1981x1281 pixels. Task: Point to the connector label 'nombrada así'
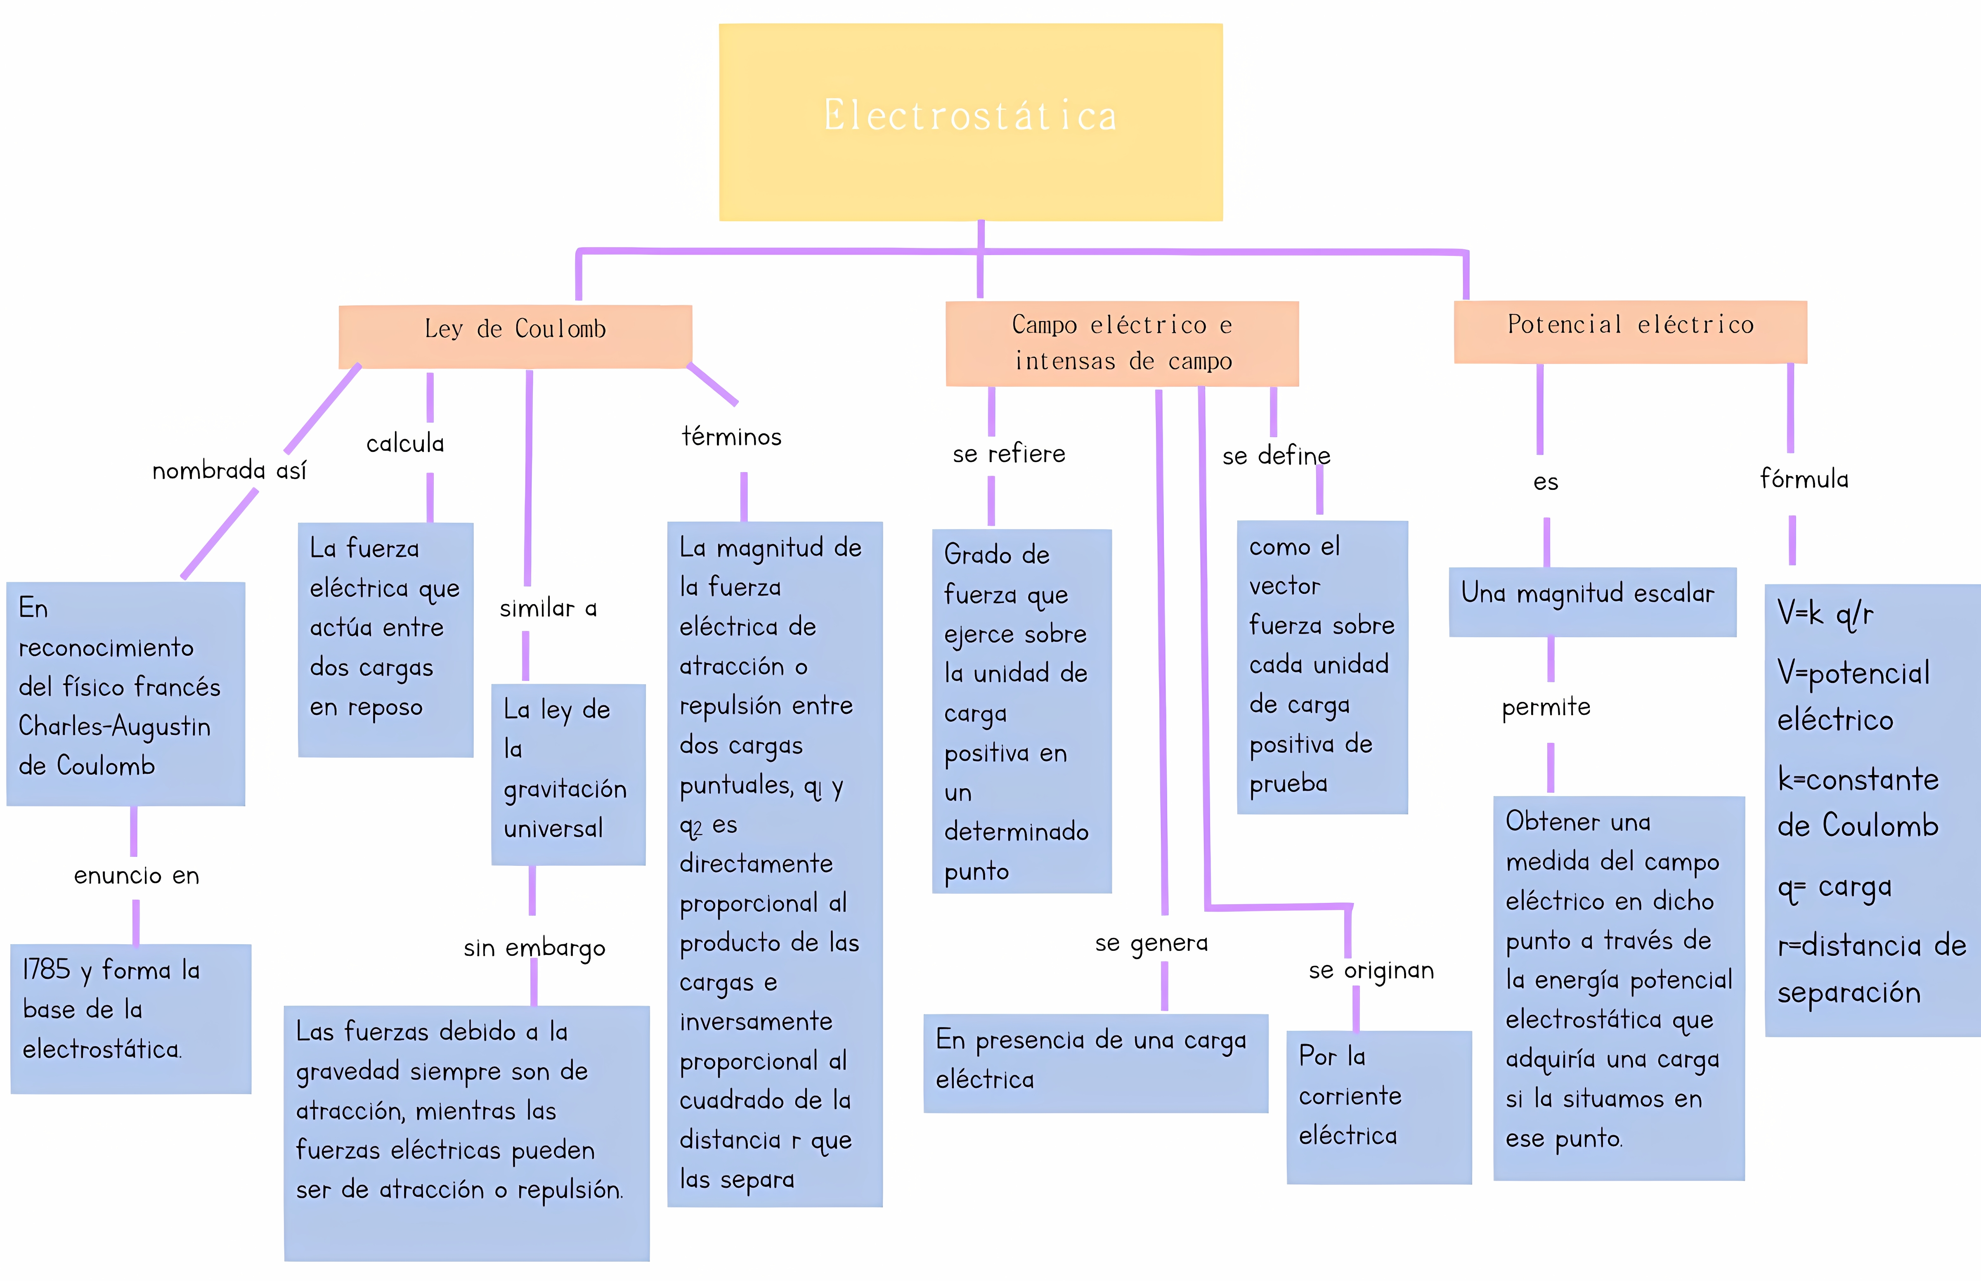(229, 471)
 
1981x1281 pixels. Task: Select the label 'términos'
(731, 437)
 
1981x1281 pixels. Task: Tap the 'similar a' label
(548, 608)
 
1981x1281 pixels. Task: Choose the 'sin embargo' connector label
(534, 948)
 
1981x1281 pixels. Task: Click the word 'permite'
(1545, 707)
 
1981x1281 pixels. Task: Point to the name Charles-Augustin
(115, 726)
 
